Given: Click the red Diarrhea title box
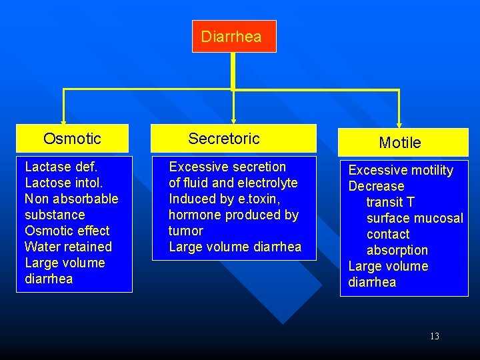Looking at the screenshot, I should pos(233,36).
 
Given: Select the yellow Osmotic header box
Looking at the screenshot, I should pos(72,139).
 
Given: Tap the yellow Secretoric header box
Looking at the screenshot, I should pos(233,139).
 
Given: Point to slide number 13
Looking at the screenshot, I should pos(435,337).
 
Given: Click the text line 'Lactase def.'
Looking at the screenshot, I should pos(61,167).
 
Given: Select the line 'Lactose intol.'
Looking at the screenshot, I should pos(64,183).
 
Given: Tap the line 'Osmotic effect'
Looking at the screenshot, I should pos(67,231).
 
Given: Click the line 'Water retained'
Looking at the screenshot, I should pos(68,247).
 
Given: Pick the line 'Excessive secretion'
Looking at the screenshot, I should pos(227,167).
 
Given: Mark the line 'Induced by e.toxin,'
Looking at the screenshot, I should pos(225,199).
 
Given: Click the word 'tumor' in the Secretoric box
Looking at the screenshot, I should pos(186,231).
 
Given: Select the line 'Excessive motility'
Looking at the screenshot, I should pos(401,171).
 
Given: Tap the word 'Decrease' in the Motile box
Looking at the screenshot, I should pos(377,187).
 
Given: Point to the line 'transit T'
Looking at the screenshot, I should pos(391,202).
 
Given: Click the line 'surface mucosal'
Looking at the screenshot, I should pos(415,219).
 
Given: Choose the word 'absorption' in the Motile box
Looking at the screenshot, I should pos(397,251).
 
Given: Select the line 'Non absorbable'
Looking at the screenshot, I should pos(71,199).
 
